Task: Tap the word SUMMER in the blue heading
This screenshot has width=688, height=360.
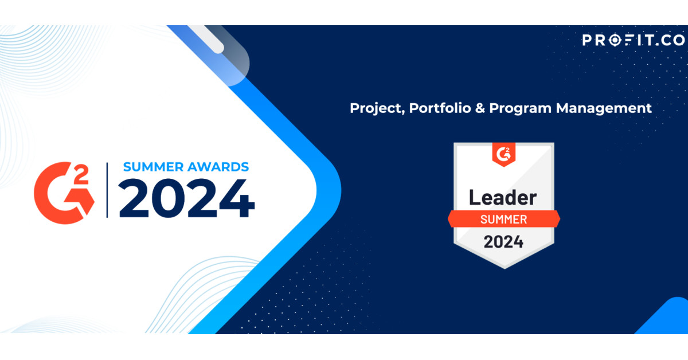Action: (x=153, y=167)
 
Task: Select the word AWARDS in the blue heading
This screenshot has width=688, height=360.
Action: (x=218, y=167)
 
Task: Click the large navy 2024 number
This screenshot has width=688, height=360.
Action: (x=187, y=198)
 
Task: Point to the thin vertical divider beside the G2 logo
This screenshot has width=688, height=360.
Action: (x=107, y=190)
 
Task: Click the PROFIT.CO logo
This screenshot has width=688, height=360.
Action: (x=634, y=40)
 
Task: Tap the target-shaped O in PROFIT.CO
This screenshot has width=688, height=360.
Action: (x=615, y=40)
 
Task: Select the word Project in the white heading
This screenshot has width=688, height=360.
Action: (x=376, y=108)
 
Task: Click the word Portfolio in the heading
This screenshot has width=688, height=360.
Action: (x=440, y=108)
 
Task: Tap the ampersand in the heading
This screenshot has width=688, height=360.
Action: (x=480, y=108)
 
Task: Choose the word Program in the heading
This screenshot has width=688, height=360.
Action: (x=521, y=109)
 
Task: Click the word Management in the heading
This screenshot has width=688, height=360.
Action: (x=604, y=108)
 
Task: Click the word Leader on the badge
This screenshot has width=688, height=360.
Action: (x=503, y=198)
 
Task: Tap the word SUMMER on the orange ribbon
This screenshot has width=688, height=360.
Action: (x=504, y=220)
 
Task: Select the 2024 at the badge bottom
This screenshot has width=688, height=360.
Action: (x=504, y=242)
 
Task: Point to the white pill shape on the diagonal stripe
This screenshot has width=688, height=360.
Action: (x=206, y=39)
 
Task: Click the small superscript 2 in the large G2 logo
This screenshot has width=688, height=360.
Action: (x=81, y=174)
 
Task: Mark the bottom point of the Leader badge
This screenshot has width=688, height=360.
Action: (x=504, y=268)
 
